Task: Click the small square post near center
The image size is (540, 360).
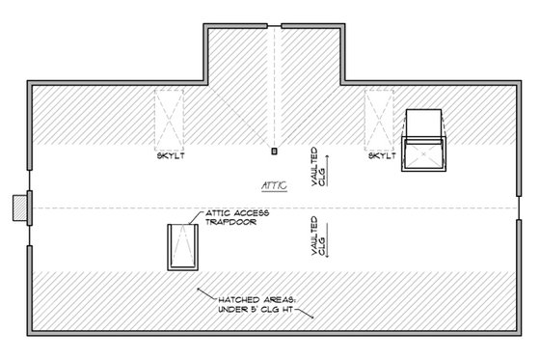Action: coord(275,151)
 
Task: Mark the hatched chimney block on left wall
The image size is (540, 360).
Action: coord(17,208)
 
